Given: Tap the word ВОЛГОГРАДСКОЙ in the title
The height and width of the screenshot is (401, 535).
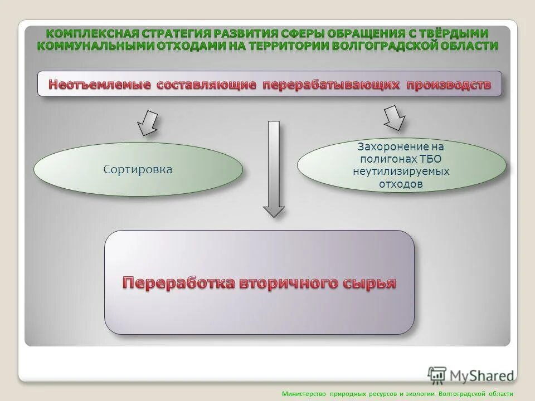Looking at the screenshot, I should pos(386,46).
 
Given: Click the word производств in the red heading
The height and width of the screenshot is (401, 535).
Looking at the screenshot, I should pos(449,85).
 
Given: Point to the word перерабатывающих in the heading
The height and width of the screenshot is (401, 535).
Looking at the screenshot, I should pos(331,85).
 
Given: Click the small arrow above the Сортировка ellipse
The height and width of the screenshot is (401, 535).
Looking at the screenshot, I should pos(148,123).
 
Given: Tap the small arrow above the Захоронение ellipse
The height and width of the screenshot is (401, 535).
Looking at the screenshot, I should pos(394,118).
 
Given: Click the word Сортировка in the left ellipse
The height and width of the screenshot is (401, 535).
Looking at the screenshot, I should pos(138,169).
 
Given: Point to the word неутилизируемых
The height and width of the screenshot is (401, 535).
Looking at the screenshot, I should pos(401,172).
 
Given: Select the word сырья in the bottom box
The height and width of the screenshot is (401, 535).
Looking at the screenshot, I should pos(369,282).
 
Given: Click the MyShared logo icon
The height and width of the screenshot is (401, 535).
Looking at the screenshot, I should pos(437,375).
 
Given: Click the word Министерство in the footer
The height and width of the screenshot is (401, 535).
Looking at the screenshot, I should pos(304,394).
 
